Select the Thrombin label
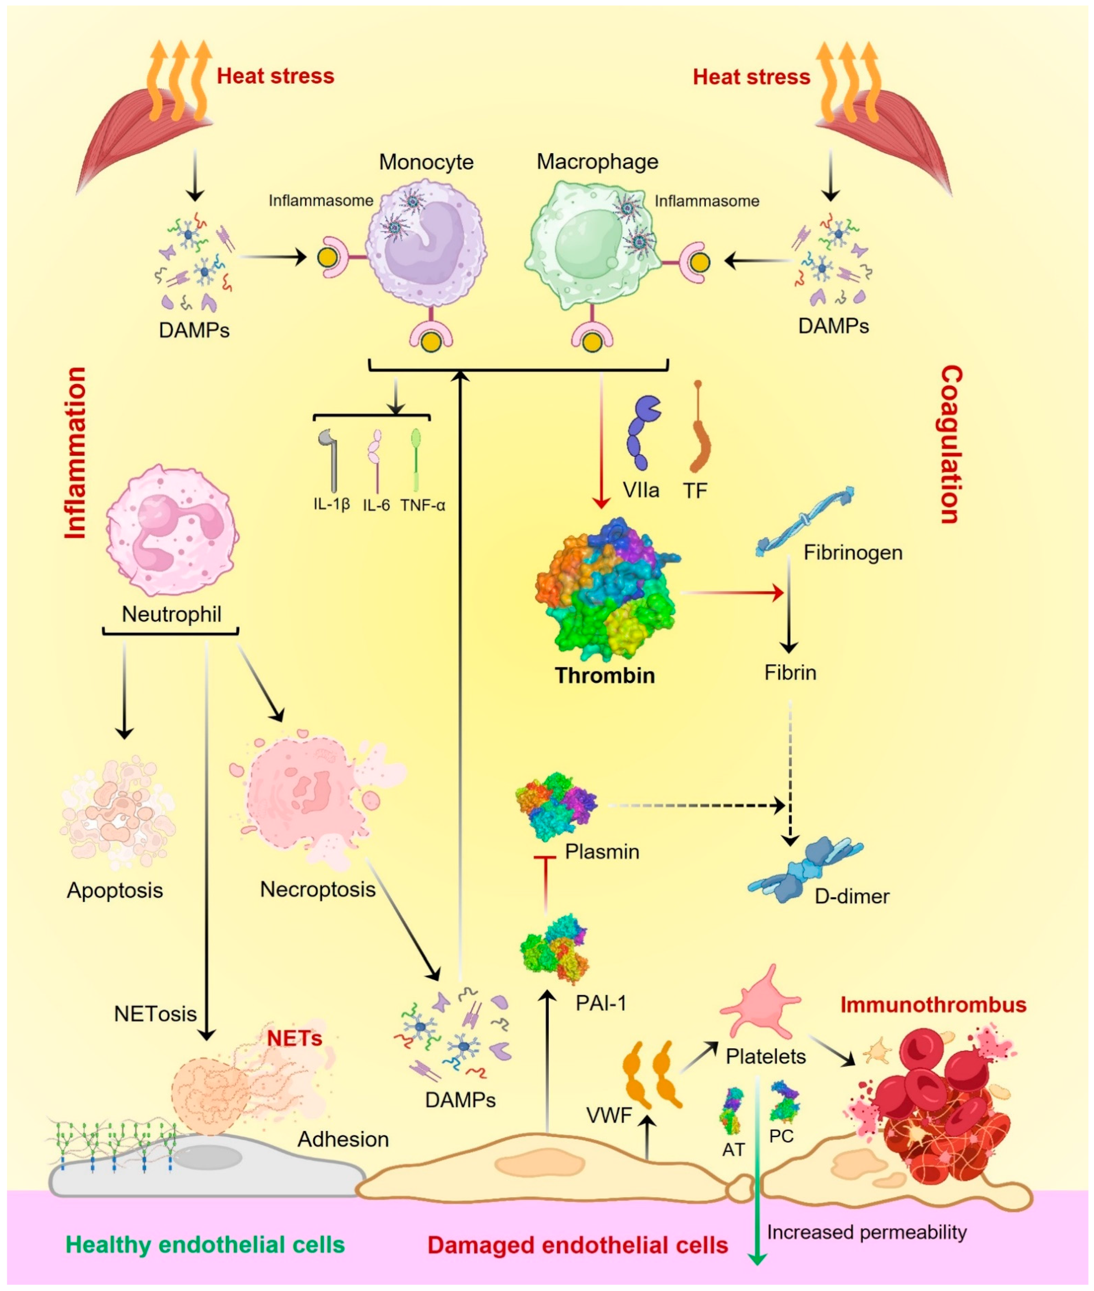pos(605,675)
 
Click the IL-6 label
pos(376,505)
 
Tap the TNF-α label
pos(422,505)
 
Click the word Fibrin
pos(790,673)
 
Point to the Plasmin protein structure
pos(555,806)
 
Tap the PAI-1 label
pos(600,1003)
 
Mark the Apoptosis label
pos(115,890)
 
